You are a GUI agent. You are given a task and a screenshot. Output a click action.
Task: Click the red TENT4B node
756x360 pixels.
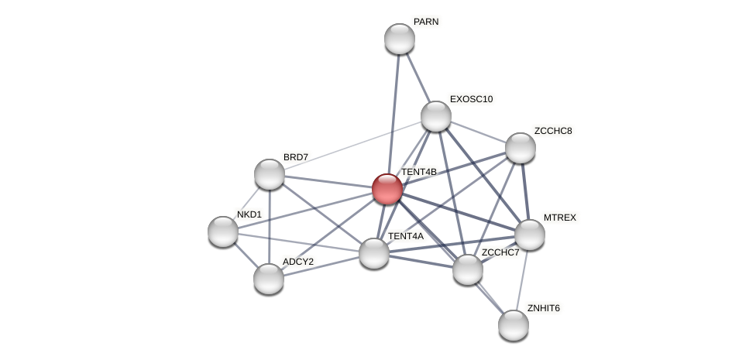tap(387, 189)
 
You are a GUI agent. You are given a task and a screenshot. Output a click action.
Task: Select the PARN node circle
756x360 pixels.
tap(400, 39)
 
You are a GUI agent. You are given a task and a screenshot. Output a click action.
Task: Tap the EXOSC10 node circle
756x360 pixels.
tap(436, 116)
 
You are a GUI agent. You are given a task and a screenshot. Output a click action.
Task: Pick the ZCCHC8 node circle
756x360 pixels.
tap(521, 148)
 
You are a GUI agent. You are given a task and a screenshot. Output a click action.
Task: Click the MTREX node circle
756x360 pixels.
tap(530, 235)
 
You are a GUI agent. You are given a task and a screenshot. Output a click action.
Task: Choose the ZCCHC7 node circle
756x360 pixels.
tap(468, 269)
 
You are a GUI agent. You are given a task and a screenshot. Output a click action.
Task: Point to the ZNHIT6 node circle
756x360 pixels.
tap(514, 325)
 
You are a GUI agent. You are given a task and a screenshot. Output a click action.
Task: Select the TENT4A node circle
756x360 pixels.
tap(374, 253)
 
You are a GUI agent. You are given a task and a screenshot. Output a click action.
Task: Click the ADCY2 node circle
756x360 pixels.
tap(269, 279)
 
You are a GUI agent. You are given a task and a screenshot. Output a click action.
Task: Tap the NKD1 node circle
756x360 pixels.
tap(223, 231)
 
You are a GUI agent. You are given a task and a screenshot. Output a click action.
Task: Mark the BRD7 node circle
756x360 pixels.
tap(270, 174)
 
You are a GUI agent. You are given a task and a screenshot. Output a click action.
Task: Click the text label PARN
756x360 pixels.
tap(426, 22)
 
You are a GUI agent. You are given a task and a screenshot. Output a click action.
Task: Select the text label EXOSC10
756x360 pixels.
tap(471, 99)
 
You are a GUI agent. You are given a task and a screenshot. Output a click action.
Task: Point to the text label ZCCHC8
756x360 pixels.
tap(552, 131)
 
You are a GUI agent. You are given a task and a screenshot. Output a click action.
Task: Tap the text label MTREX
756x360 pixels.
tap(559, 218)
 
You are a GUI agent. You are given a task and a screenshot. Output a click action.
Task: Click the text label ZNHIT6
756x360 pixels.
tap(543, 308)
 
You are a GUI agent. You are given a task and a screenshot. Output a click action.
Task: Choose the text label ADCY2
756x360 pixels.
tap(297, 262)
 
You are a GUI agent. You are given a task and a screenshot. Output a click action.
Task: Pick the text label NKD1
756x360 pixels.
tap(249, 214)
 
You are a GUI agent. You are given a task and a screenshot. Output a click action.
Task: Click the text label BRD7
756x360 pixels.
tap(295, 157)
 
